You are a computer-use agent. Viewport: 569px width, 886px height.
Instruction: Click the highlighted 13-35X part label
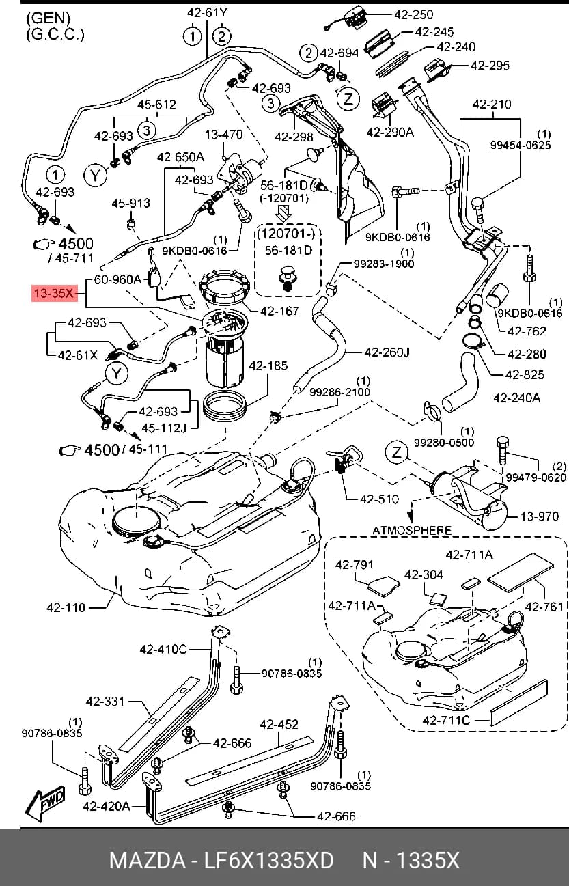pos(55,294)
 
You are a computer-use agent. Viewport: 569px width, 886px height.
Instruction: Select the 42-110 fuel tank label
pos(66,607)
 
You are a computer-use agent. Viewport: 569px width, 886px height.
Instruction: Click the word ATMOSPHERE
pos(412,530)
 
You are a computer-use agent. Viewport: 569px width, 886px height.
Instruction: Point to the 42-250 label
pos(414,14)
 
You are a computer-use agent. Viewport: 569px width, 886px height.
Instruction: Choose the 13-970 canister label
pos(540,516)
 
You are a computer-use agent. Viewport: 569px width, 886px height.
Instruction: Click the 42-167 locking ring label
pos(279,311)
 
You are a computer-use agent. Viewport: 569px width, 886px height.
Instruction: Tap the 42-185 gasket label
pos(268,365)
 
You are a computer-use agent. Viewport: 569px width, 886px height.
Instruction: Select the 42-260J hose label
pos(387,352)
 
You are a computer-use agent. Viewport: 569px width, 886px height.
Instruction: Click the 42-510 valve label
pos(379,499)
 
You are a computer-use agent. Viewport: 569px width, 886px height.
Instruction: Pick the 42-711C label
pos(446,720)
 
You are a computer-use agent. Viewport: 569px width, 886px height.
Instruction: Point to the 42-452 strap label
pos(279,724)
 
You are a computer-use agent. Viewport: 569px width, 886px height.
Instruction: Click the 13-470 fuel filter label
pos(224,135)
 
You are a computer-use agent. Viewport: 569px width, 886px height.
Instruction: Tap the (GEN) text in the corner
pos(48,18)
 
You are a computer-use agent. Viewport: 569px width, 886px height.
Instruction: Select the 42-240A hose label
pos(516,398)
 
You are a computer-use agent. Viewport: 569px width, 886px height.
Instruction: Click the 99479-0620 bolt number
pos(536,477)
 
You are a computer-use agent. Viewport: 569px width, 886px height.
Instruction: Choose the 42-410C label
pos(163,650)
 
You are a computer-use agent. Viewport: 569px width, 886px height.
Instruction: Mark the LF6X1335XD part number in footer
pos(269,861)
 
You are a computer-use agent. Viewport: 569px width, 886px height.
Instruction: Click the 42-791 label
pos(355,564)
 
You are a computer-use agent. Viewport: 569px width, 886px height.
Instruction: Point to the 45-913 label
pos(131,204)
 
